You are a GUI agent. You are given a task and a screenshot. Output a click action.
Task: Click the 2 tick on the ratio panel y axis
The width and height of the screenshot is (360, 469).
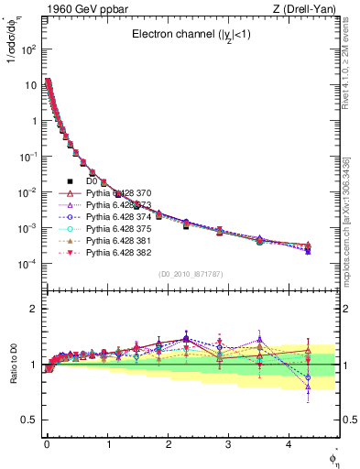35,309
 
